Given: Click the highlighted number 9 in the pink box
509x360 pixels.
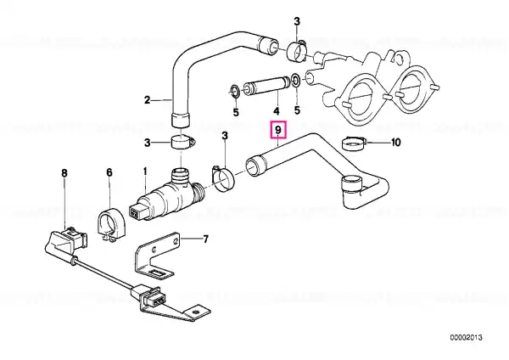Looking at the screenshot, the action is [x=278, y=130].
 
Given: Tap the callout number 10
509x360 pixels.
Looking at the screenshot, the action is [x=395, y=143].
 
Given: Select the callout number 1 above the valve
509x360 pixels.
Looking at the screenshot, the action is [x=145, y=172].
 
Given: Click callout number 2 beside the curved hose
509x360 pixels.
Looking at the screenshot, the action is [x=147, y=100].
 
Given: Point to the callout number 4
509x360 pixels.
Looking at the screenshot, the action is [x=276, y=111].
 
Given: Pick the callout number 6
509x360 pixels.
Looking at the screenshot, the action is [x=109, y=172].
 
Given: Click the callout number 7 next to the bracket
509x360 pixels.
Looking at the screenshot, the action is [x=205, y=239].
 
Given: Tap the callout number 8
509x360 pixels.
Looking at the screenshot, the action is [x=64, y=173].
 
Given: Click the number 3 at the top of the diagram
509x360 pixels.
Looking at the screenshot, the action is [x=297, y=22].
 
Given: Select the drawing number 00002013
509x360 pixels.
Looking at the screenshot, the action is [x=466, y=338].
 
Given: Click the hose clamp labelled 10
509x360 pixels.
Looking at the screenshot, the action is [x=354, y=143].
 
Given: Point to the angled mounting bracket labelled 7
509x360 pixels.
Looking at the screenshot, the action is [x=156, y=256].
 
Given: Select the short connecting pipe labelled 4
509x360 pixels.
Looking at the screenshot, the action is [x=267, y=84].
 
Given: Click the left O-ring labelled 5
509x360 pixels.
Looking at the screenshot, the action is [x=235, y=91].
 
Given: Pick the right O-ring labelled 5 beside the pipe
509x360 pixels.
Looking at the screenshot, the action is [x=296, y=80].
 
